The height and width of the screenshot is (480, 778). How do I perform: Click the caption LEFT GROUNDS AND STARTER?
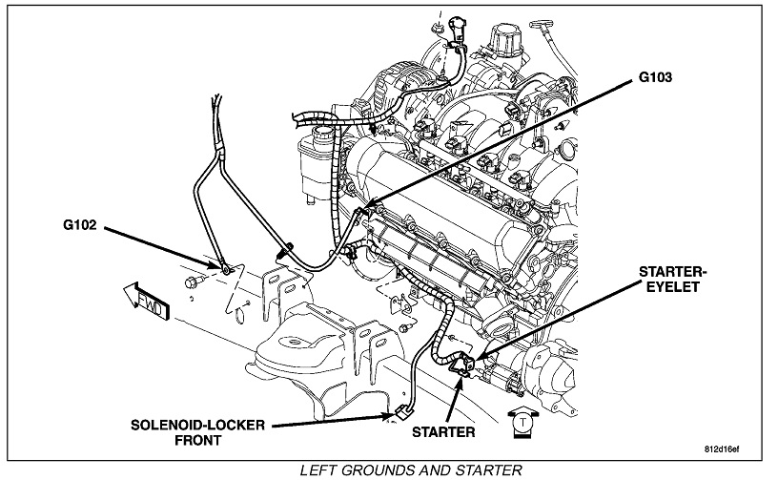(410, 470)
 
